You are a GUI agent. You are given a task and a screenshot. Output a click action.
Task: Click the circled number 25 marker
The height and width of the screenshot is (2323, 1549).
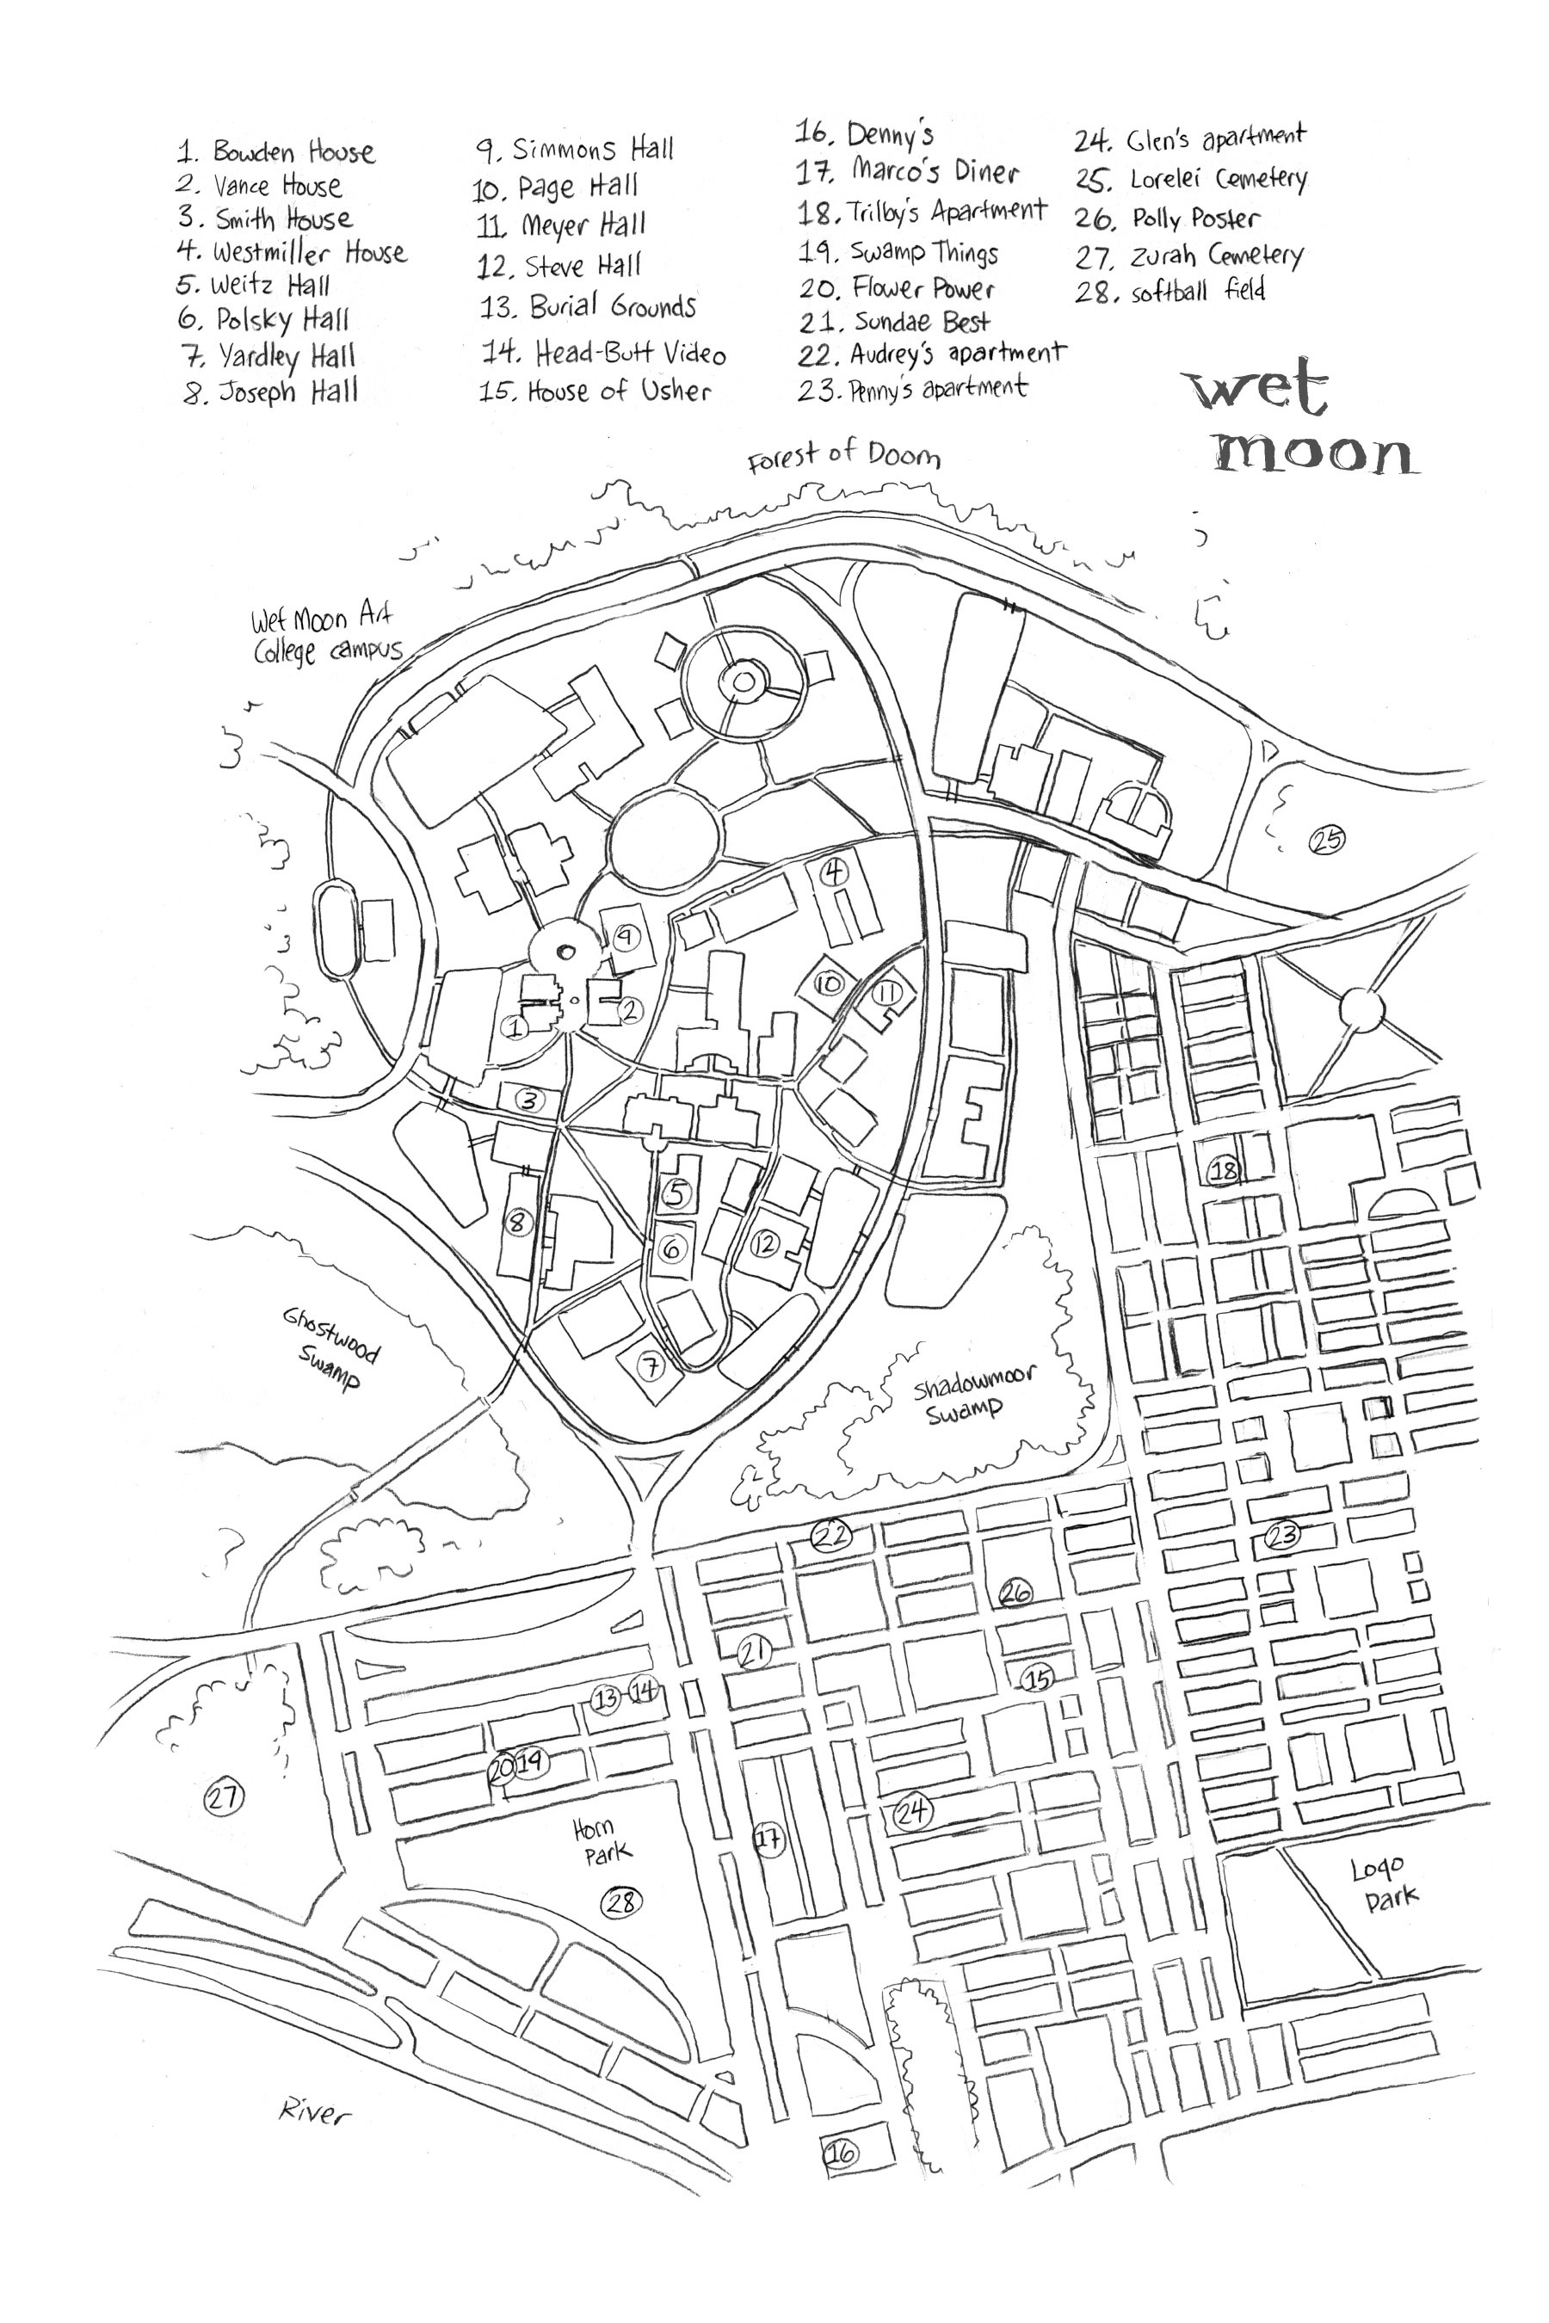(1326, 841)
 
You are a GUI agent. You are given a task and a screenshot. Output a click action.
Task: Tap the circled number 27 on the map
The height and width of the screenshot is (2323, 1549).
(223, 1796)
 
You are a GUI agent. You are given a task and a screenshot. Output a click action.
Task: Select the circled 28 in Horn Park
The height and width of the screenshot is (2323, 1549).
(622, 1901)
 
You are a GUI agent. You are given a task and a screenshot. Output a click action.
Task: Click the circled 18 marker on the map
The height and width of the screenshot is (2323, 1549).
(1223, 1170)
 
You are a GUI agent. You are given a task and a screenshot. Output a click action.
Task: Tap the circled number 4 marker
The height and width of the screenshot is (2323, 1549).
(835, 872)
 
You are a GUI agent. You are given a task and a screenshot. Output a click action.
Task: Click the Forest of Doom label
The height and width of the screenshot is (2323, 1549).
(843, 455)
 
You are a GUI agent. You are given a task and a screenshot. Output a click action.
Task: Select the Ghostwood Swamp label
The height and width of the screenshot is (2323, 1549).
(331, 1348)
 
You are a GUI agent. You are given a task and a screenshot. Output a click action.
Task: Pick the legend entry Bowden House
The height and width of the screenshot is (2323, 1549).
(276, 152)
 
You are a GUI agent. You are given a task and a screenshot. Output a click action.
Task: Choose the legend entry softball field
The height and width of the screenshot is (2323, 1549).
(1170, 293)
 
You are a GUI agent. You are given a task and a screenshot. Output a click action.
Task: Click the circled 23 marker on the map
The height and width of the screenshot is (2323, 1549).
(1282, 1536)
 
